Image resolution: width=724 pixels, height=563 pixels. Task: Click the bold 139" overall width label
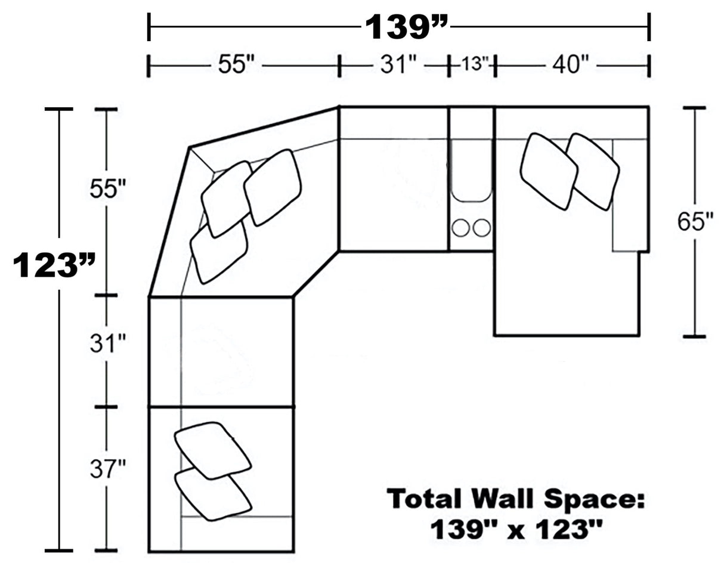[x=406, y=26]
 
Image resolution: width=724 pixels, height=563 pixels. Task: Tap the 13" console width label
[x=475, y=64]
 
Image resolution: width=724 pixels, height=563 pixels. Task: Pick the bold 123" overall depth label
[x=54, y=265]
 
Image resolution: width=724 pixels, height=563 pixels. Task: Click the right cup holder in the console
[x=481, y=227]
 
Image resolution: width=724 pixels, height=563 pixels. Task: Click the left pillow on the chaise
[x=548, y=171]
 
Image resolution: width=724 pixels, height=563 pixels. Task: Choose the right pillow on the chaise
[x=593, y=171]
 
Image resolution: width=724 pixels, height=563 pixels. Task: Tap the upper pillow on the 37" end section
[x=212, y=450]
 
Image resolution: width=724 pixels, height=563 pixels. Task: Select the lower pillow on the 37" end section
[x=212, y=494]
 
